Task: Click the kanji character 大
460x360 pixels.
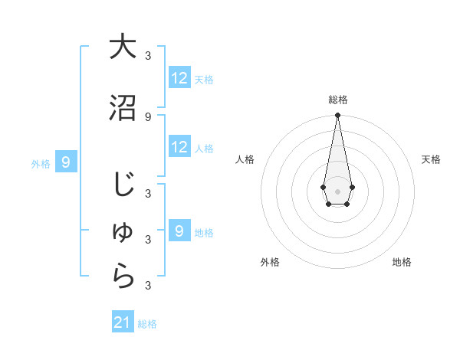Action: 123,47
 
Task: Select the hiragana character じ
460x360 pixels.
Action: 123,185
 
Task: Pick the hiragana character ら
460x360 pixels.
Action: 123,277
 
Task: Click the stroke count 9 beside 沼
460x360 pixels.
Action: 148,116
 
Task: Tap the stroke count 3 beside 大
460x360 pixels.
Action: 148,56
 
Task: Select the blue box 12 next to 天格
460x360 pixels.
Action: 179,78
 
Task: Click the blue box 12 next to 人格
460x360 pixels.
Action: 179,147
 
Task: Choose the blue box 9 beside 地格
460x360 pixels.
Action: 179,231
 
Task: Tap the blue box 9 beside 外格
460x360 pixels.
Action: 67,162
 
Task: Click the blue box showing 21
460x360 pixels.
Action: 123,322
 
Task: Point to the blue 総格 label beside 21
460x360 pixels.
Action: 147,324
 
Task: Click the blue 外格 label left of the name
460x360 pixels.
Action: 41,163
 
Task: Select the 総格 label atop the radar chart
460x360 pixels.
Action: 337,100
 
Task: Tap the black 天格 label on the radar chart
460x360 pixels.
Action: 431,159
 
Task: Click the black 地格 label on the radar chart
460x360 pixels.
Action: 402,262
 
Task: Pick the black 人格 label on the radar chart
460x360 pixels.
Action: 245,159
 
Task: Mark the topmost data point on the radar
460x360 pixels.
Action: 337,115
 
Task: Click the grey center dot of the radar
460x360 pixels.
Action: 337,190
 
